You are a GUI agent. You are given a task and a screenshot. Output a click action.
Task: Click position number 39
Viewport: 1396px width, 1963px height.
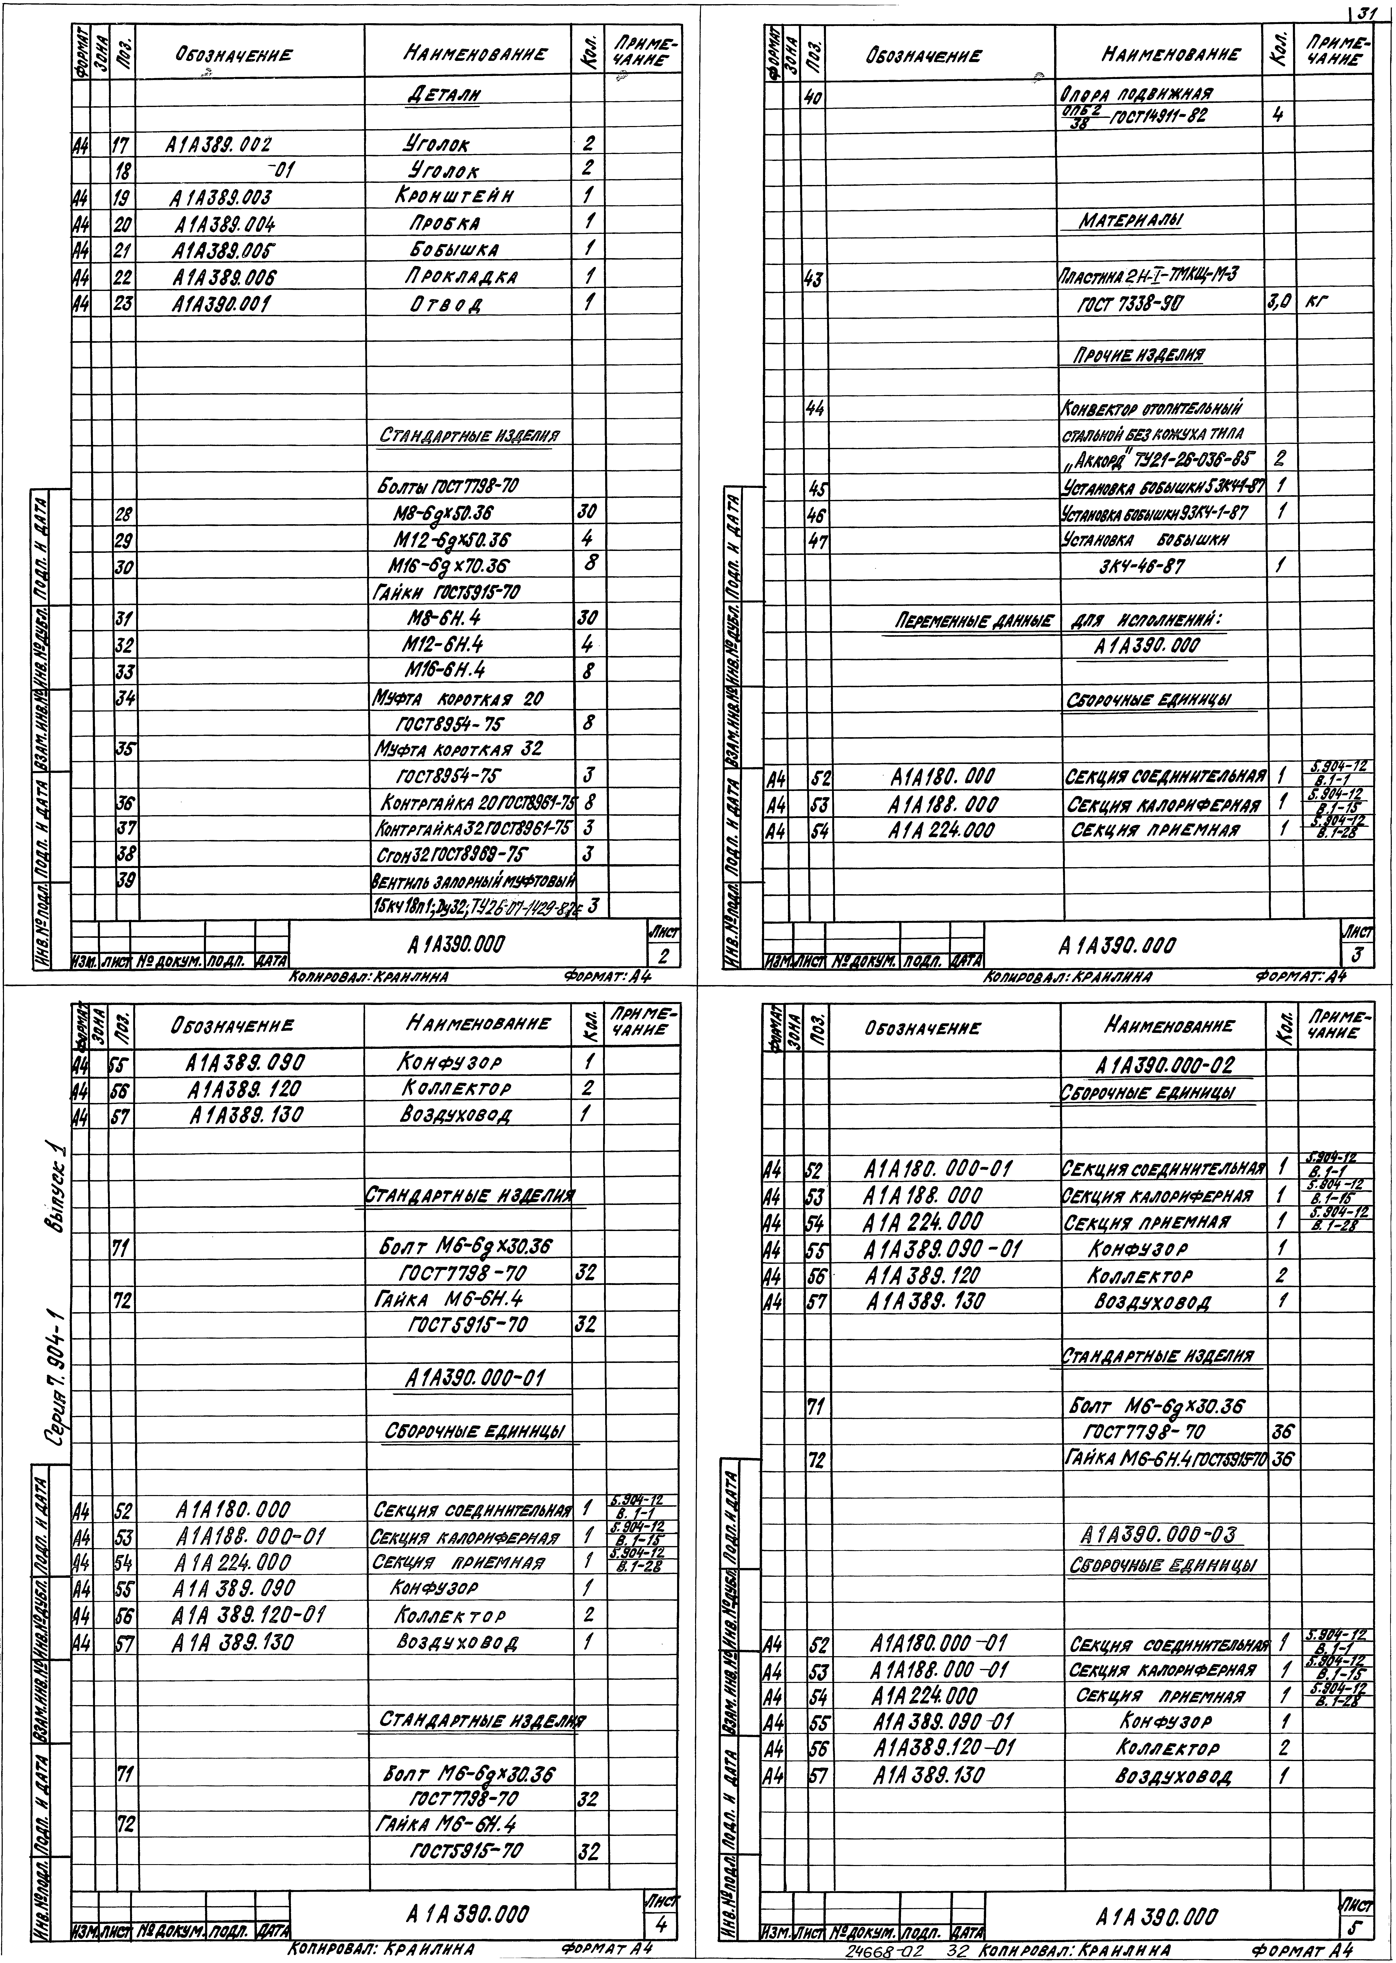pos(125,881)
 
